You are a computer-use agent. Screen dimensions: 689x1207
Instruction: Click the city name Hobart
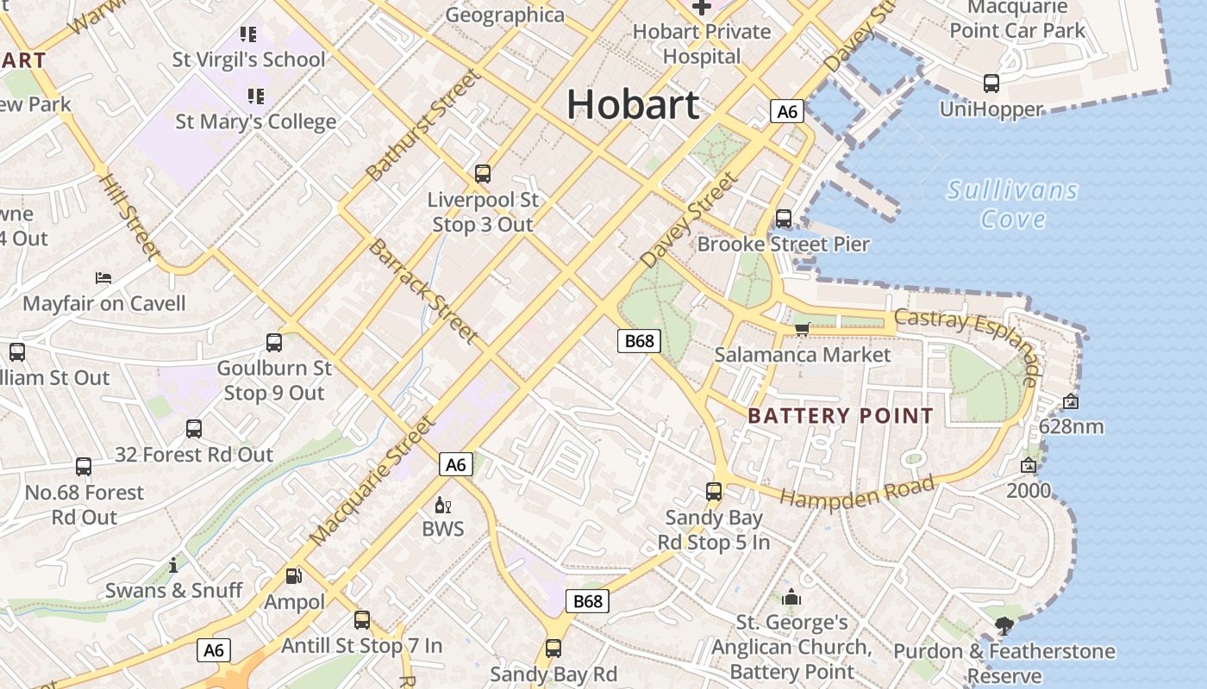633,105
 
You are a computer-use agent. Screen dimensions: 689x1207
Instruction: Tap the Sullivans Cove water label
1012,204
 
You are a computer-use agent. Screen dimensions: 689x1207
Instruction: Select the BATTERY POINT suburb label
841,416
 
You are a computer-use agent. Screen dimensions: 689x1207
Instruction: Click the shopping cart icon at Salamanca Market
802,329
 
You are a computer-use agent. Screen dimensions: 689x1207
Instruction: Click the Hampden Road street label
857,493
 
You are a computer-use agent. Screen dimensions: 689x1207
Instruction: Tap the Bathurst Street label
422,125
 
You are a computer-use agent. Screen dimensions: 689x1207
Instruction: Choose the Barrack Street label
422,290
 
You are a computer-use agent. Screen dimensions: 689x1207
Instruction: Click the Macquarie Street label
372,480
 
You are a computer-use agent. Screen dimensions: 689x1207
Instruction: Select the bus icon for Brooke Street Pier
784,219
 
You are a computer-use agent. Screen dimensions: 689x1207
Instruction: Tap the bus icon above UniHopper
991,84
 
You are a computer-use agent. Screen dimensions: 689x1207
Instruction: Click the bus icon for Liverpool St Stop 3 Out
483,174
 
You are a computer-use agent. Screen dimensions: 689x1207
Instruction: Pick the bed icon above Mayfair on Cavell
103,278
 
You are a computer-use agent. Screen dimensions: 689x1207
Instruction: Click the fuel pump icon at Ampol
294,576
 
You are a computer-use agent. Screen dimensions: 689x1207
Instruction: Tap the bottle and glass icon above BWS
443,506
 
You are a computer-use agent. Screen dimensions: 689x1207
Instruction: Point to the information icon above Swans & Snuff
174,565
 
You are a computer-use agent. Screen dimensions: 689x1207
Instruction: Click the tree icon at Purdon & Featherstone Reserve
1004,626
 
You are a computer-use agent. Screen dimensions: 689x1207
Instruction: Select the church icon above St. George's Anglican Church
791,597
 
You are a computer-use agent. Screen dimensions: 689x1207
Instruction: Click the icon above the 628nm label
1070,401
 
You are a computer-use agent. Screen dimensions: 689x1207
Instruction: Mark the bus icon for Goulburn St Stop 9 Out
274,343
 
